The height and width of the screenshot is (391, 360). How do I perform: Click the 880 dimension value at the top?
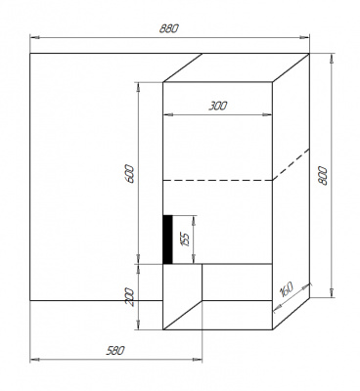(170, 29)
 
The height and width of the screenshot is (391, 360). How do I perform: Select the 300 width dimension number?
(218, 105)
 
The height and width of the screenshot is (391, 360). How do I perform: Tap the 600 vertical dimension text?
(130, 174)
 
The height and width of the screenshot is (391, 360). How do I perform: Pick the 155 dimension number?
(184, 239)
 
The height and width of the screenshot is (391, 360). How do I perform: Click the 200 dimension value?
(130, 297)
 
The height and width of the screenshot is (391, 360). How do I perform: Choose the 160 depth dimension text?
(286, 290)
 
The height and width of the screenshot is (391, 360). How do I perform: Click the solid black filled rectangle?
(167, 239)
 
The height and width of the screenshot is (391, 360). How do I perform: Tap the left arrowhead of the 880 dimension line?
(34, 38)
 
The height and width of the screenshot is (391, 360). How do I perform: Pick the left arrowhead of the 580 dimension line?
(34, 359)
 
